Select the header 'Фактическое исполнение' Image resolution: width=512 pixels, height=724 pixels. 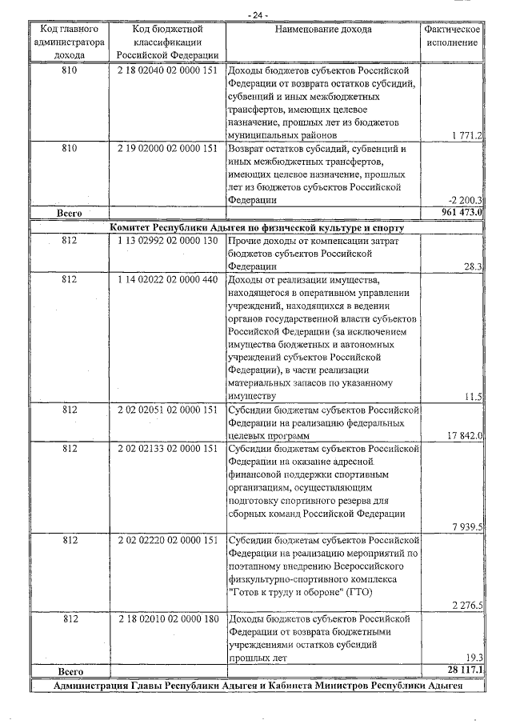[452, 36]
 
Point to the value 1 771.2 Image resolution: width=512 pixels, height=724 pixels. [466, 136]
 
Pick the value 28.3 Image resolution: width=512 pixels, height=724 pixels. [472, 266]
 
